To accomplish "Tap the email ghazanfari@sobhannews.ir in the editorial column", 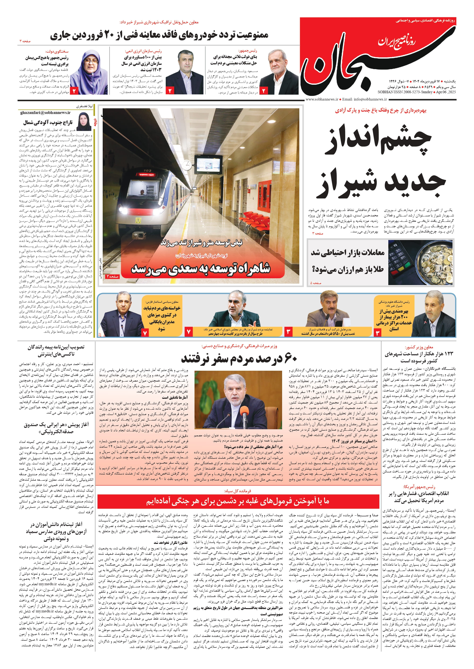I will [x=45, y=113].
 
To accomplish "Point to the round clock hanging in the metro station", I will [x=186, y=165].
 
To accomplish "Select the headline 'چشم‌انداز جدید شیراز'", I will [x=379, y=160].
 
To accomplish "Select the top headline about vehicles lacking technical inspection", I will [x=159, y=36].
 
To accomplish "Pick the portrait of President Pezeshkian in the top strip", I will [x=279, y=74].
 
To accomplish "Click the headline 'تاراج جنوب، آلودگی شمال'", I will [x=48, y=122].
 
